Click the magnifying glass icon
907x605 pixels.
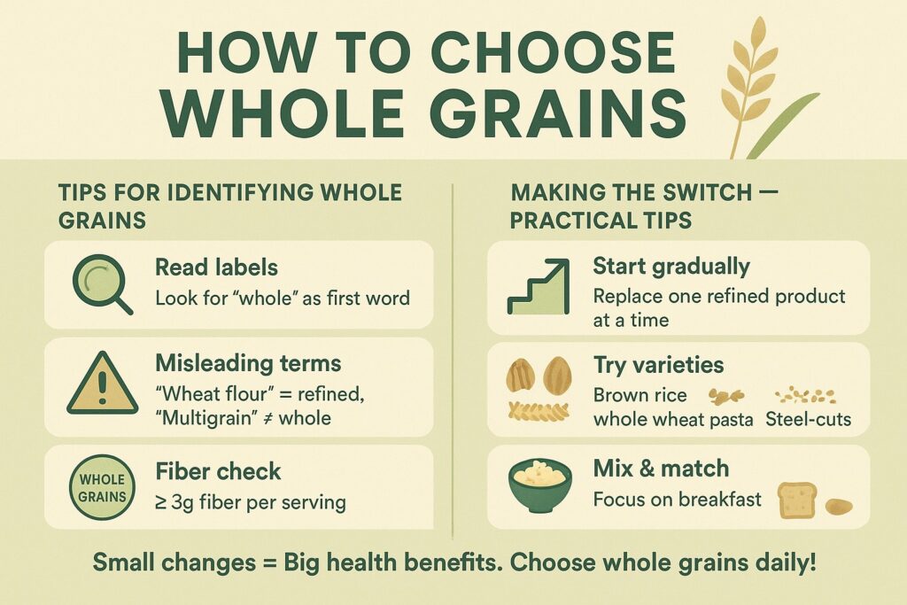point(98,283)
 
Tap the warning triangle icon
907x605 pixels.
point(103,383)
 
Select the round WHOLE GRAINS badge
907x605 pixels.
point(103,487)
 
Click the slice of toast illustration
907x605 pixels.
point(797,500)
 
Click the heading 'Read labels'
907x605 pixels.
point(216,268)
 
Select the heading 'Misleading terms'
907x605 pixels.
point(248,363)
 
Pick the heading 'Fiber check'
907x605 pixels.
point(218,471)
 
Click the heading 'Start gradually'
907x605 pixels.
point(671,267)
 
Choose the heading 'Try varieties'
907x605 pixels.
point(659,365)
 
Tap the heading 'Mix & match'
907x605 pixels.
point(661,468)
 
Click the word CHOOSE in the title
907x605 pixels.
point(553,52)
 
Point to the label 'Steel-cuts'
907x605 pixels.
point(808,419)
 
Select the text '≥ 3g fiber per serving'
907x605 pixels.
point(251,502)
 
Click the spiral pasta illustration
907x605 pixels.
point(538,411)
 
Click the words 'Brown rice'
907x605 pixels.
point(640,395)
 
